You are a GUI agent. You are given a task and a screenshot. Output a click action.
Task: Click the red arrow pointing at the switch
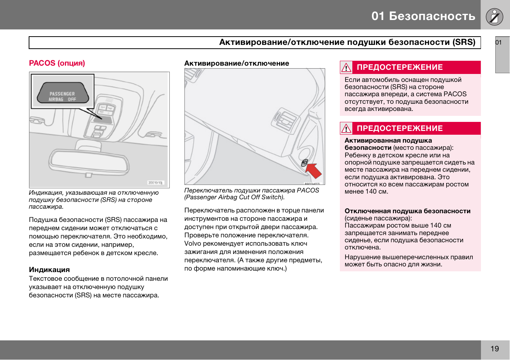click(314, 171)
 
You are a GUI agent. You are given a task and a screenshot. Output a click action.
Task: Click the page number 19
click(495, 349)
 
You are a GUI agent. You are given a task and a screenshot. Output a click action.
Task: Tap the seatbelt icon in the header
click(495, 17)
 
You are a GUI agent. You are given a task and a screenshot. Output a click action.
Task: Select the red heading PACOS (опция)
click(57, 63)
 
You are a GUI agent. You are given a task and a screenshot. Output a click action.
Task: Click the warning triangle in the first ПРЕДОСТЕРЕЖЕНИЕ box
click(346, 68)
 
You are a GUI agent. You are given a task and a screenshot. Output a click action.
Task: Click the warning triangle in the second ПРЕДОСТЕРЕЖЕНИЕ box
click(346, 129)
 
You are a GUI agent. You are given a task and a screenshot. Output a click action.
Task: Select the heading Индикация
click(49, 269)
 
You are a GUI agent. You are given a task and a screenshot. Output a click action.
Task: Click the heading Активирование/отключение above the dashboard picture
click(237, 63)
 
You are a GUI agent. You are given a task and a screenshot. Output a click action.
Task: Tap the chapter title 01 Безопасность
click(423, 16)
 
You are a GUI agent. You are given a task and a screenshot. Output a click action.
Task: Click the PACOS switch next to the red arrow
click(304, 163)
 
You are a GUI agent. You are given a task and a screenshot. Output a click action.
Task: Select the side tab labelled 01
click(502, 55)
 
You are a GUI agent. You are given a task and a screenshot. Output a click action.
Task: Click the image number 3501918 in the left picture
click(155, 183)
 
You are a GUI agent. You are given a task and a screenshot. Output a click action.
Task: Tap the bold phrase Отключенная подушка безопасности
click(407, 211)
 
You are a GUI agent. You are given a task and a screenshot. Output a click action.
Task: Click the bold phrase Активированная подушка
click(388, 140)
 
